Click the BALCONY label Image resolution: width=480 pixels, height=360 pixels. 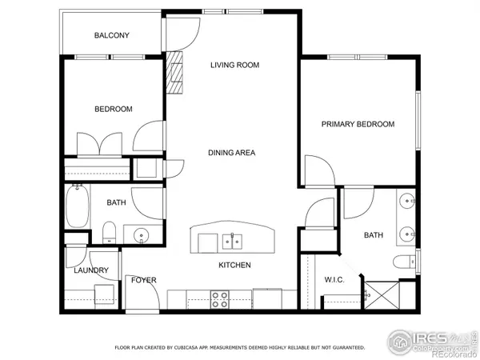click(111, 35)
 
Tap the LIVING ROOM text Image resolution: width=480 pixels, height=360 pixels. click(234, 66)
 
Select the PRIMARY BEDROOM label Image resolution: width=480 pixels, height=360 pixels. click(358, 124)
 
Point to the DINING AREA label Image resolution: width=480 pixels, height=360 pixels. click(233, 153)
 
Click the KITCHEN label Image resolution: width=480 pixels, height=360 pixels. click(235, 265)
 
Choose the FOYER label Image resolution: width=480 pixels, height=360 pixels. click(144, 280)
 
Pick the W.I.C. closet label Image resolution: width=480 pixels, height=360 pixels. click(334, 280)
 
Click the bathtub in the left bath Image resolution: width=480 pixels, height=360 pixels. click(78, 206)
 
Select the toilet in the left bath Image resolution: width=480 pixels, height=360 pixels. click(110, 233)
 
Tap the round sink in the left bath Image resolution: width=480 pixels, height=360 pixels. click(141, 235)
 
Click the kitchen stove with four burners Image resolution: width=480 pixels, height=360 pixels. click(219, 298)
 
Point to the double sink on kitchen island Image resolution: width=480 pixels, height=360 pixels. click(232, 239)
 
